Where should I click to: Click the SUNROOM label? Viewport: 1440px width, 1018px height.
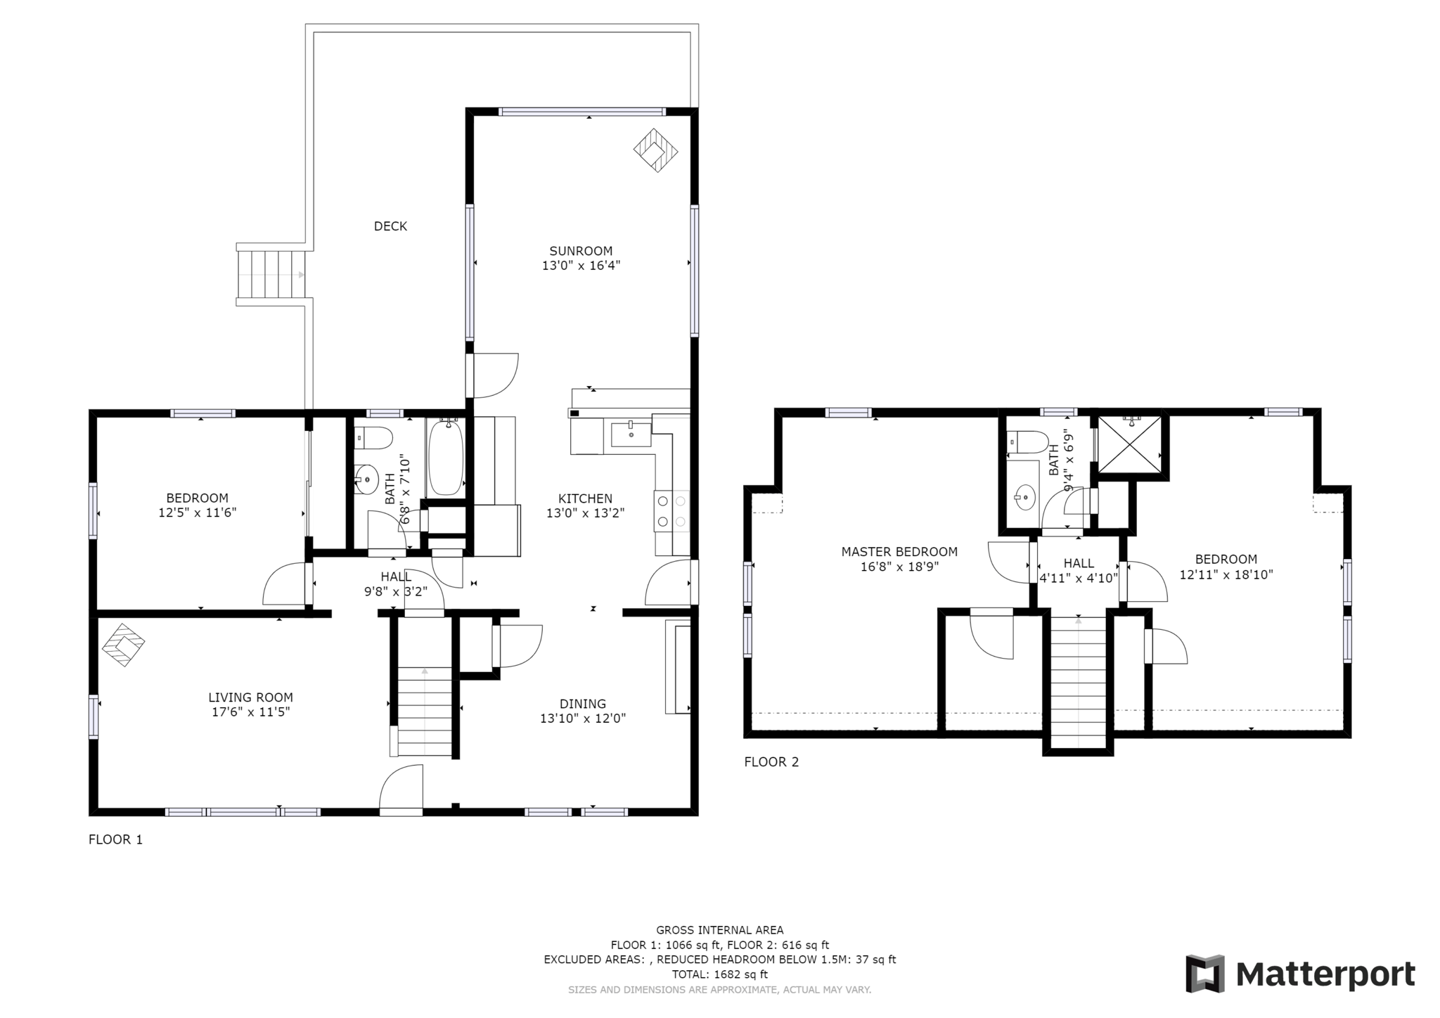pos(581,251)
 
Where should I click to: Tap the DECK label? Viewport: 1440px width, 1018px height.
pos(390,226)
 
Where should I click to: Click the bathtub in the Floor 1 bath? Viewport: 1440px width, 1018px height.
pos(446,457)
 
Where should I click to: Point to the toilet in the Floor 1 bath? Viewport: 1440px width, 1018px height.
pos(373,438)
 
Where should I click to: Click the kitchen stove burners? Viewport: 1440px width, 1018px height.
pos(671,512)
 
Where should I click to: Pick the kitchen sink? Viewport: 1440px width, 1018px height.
pos(631,434)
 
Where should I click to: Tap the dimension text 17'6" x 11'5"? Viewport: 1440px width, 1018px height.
pos(251,712)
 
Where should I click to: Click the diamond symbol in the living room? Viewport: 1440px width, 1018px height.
pos(124,644)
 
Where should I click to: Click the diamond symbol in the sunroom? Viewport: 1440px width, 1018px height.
pos(655,150)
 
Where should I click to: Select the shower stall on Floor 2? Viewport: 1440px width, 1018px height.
pos(1130,446)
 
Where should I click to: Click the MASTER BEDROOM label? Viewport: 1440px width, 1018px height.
pos(899,552)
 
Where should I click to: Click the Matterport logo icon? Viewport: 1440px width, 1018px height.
pos(1205,974)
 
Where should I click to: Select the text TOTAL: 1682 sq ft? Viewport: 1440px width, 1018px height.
pos(719,974)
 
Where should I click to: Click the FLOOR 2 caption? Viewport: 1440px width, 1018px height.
pos(771,762)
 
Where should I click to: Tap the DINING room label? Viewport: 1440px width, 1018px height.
pos(583,704)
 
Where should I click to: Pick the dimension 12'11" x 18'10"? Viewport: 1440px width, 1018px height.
pos(1226,574)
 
